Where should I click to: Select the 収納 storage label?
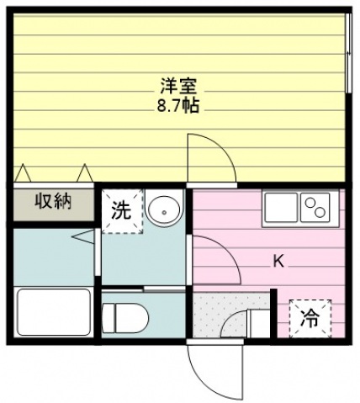(51, 202)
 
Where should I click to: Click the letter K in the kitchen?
(278, 260)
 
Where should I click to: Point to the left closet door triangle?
(24, 172)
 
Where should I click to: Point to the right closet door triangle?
(84, 172)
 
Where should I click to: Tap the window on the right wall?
(348, 50)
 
